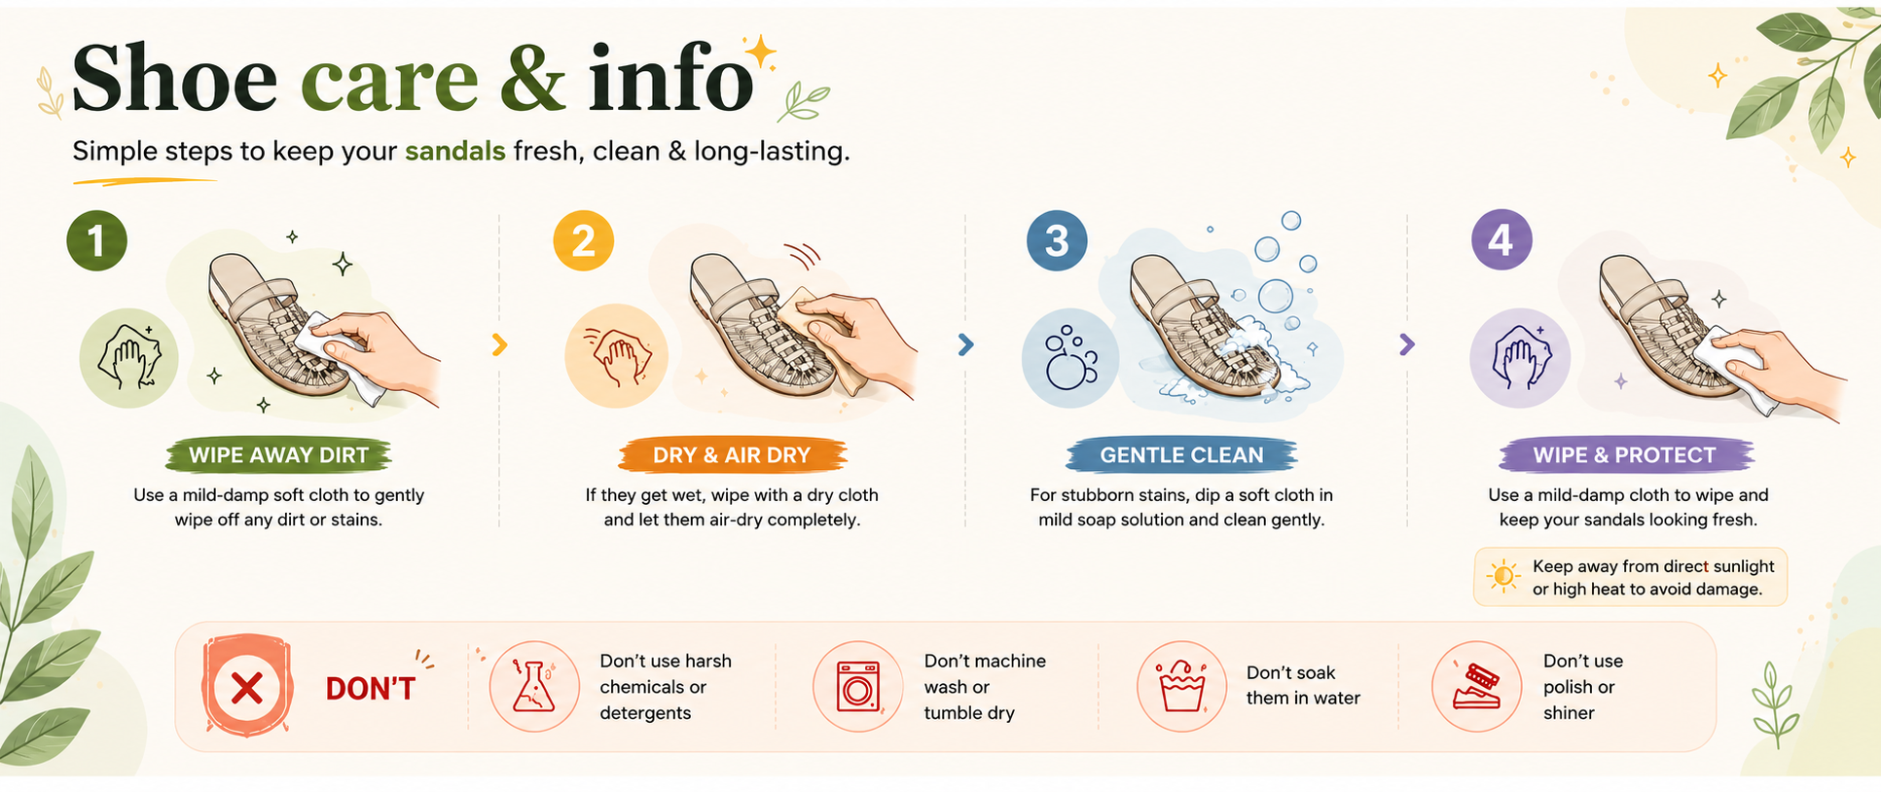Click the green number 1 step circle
click(96, 240)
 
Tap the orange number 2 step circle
click(583, 240)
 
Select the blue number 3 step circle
click(1057, 240)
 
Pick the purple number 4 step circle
click(1501, 239)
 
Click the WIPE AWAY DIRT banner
click(278, 455)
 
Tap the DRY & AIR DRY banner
click(732, 455)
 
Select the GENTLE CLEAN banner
click(1181, 455)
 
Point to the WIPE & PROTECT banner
click(1625, 455)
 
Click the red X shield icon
click(247, 687)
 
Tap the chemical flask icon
click(534, 687)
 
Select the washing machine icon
click(858, 687)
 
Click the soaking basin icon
click(1182, 687)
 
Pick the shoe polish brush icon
click(1476, 687)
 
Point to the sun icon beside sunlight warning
click(1503, 577)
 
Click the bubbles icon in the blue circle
click(1070, 358)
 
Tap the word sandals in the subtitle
click(455, 151)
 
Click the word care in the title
click(389, 79)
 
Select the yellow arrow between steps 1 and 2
click(499, 344)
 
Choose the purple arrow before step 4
click(1407, 344)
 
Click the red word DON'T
click(371, 689)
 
